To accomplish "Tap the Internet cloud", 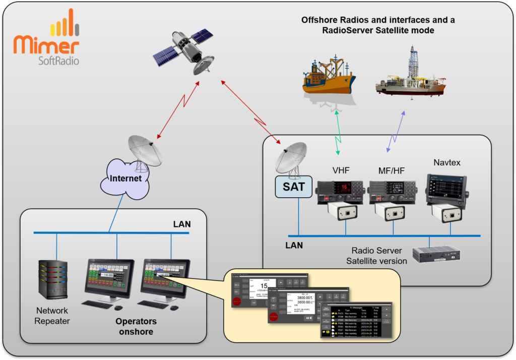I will click(x=129, y=178).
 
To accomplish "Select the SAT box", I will click(x=294, y=186).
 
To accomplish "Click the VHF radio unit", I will click(x=340, y=192).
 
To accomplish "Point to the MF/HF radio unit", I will click(x=393, y=192).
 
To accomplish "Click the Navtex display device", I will click(x=446, y=189).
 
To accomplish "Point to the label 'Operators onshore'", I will click(x=136, y=326).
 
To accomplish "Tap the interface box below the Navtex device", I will click(x=450, y=213).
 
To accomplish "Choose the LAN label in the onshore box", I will click(x=182, y=224).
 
